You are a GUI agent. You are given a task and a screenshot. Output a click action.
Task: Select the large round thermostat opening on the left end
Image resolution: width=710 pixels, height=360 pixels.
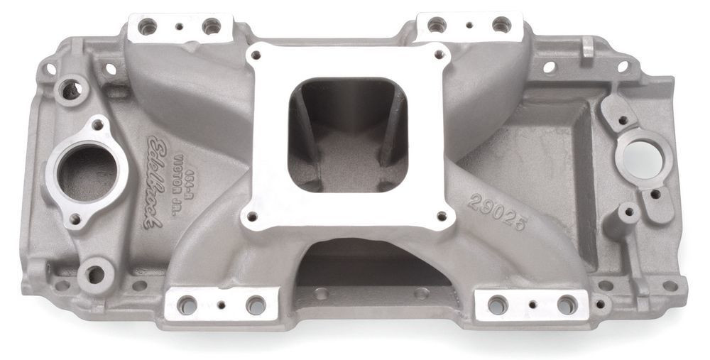87,174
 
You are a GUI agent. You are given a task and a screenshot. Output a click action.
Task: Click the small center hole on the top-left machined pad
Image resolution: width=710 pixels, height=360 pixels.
180,26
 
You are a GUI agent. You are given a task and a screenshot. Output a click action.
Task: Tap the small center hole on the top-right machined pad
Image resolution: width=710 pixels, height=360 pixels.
469,25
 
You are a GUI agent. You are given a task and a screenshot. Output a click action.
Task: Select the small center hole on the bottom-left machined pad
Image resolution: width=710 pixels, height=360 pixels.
221,305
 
